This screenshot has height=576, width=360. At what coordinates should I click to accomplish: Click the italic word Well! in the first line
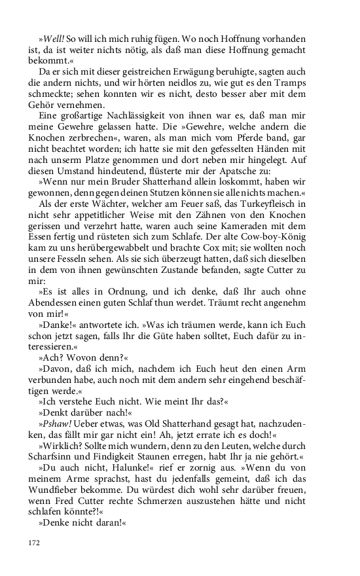click(53, 39)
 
